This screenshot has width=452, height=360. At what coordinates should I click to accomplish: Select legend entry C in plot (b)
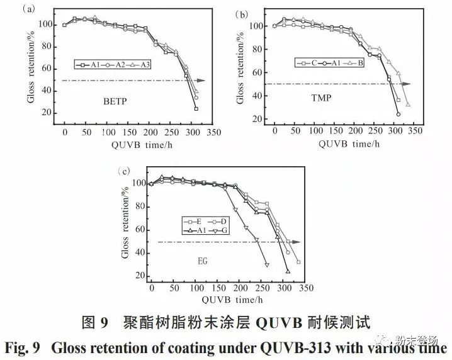pyautogui.click(x=312, y=62)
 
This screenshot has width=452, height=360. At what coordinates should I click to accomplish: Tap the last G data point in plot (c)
pyautogui.click(x=267, y=264)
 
